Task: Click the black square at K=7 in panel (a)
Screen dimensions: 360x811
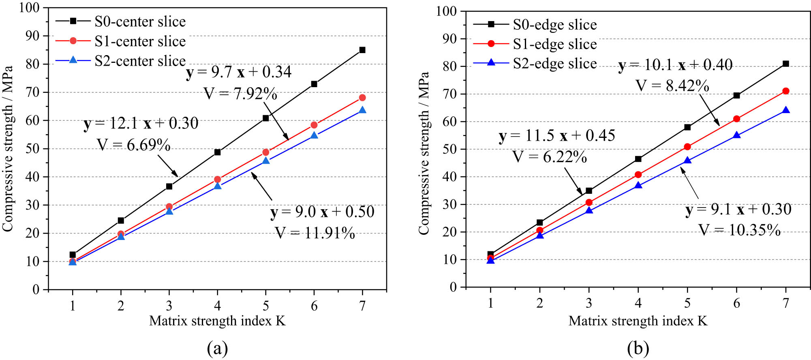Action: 362,50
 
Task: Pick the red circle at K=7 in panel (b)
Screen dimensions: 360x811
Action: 786,91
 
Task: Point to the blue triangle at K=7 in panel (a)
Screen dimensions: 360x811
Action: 362,110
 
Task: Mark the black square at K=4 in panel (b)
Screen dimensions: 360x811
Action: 638,159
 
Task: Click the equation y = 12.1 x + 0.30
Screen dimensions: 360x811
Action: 141,123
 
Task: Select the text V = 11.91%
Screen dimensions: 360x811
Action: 315,233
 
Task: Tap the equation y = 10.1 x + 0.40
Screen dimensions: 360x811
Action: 676,65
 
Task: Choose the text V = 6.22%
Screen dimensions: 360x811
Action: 550,157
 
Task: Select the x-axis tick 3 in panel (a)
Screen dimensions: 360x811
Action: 169,306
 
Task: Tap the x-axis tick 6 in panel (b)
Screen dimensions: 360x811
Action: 736,303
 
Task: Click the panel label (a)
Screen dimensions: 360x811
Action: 217,348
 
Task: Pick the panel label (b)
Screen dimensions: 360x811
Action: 638,348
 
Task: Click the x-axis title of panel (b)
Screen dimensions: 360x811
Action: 638,321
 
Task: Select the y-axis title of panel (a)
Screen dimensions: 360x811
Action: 8,149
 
